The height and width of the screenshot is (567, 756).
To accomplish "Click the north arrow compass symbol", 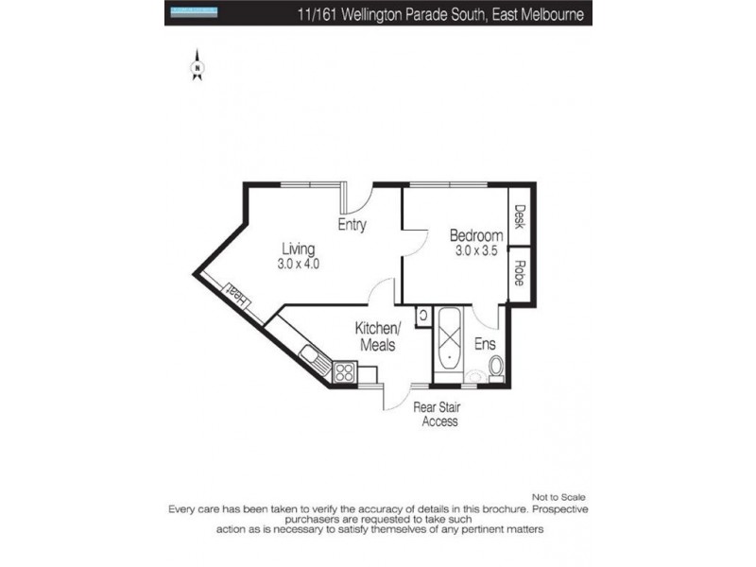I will [198, 65].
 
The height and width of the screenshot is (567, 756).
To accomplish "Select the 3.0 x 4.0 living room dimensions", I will [299, 265].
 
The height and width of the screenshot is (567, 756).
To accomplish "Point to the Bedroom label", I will [475, 235].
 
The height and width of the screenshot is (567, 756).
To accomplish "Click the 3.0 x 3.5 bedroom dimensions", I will [475, 251].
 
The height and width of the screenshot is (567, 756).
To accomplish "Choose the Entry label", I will [352, 225].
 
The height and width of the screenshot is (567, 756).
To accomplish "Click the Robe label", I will [519, 273].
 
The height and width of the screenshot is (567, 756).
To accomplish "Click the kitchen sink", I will [312, 356].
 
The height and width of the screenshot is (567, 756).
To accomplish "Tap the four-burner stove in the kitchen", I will [342, 373].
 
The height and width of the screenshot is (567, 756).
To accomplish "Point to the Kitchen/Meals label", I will [378, 336].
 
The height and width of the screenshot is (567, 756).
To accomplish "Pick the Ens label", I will [485, 344].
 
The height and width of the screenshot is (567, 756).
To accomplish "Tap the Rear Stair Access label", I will [436, 414].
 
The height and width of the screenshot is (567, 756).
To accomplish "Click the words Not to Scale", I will [559, 497].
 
